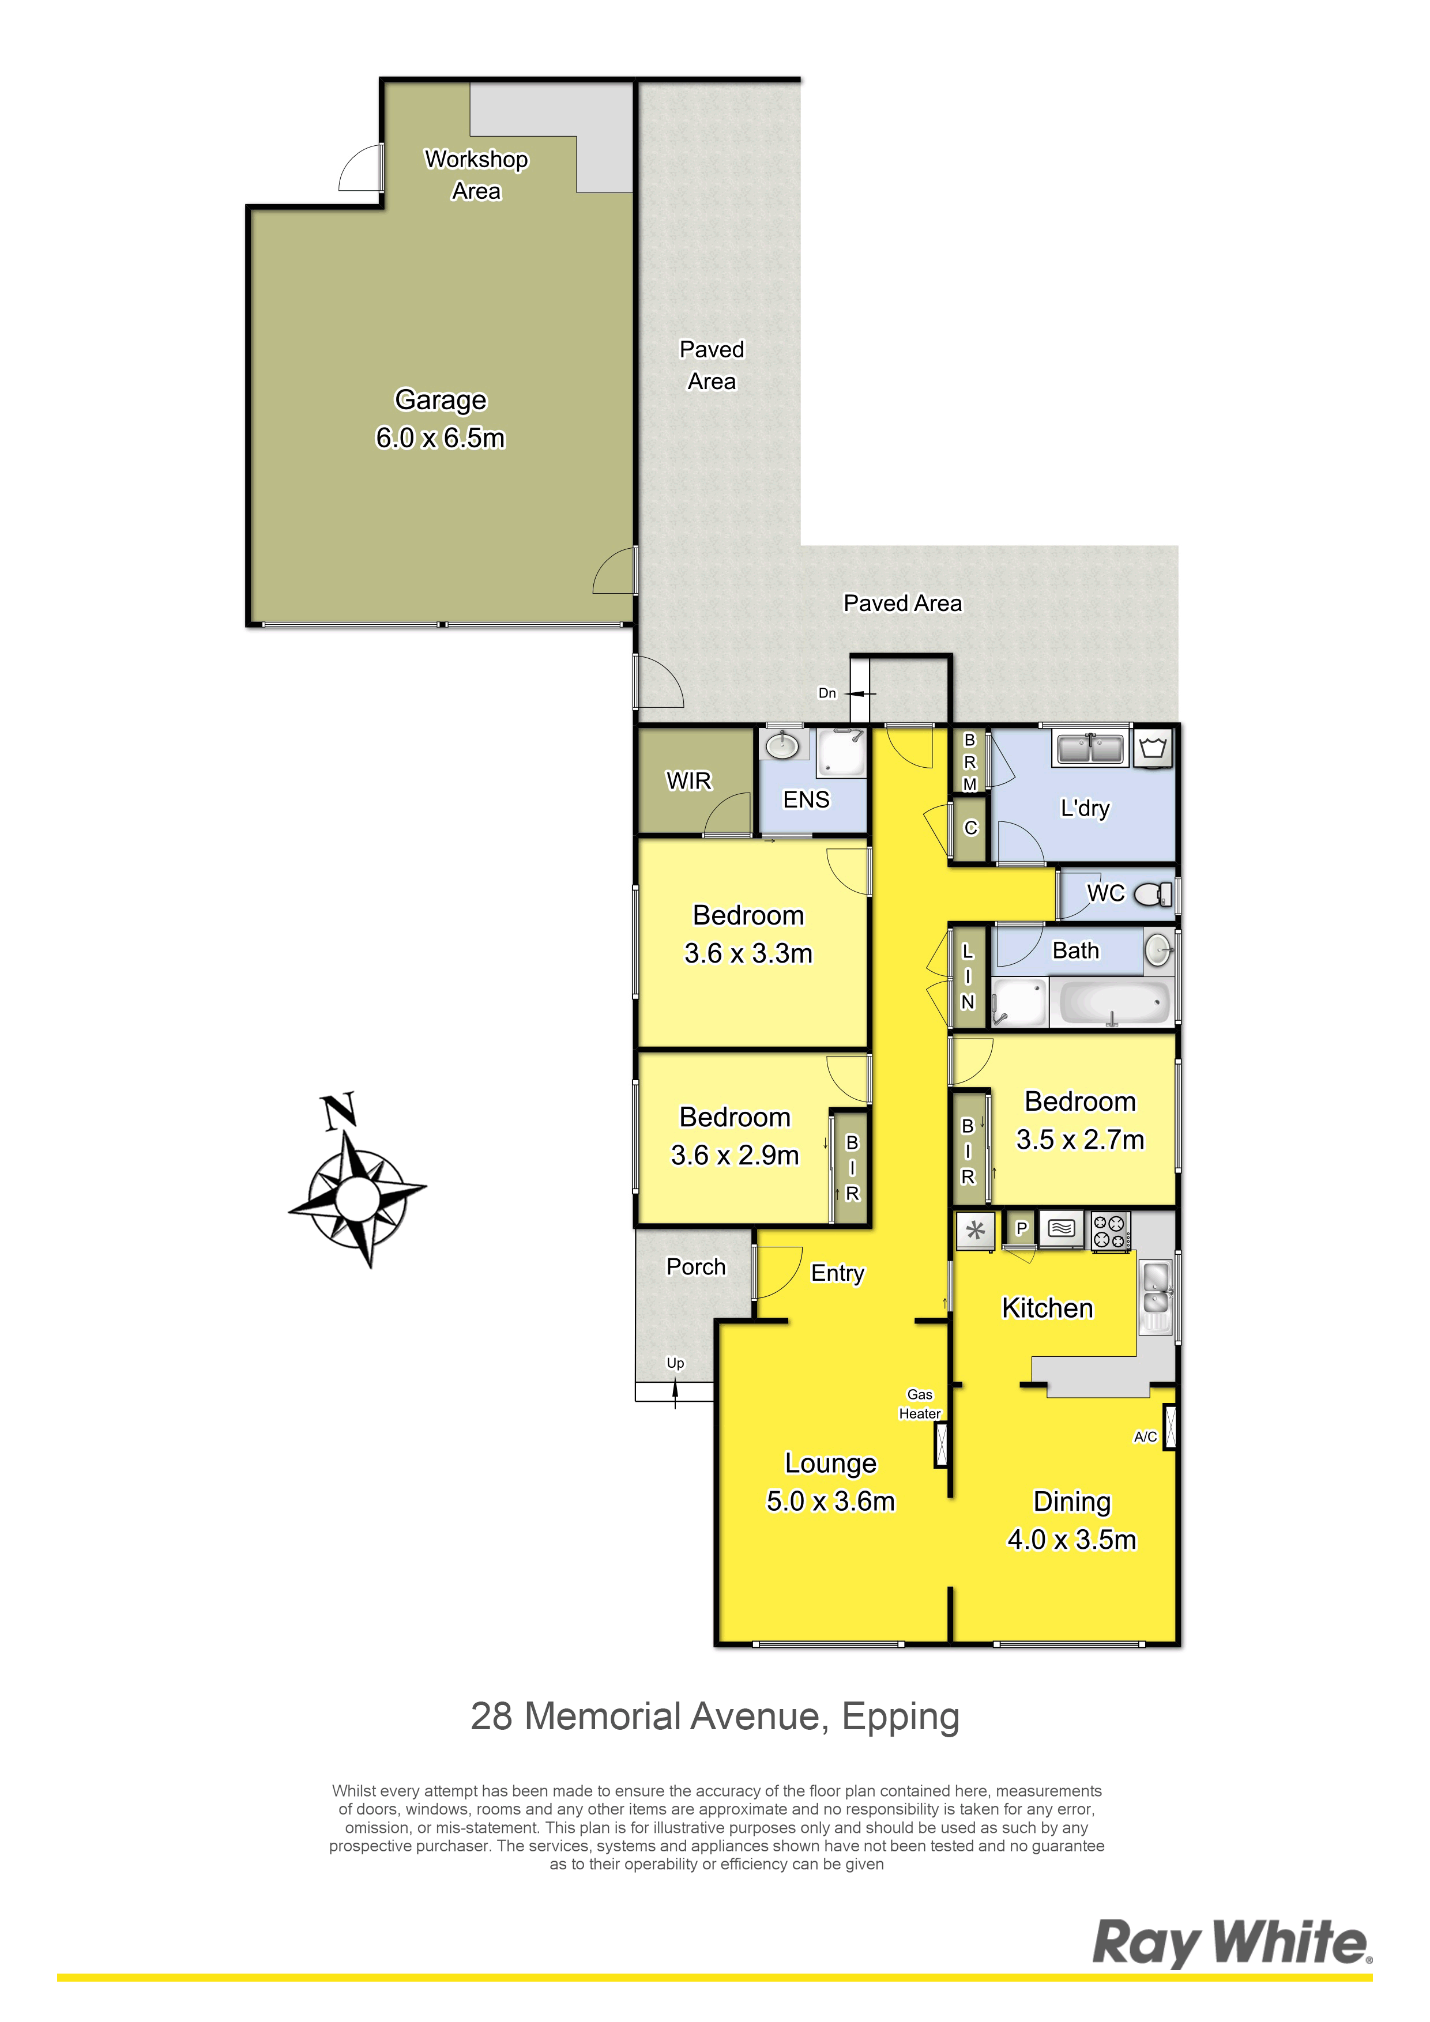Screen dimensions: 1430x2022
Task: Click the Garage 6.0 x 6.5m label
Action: pyautogui.click(x=441, y=418)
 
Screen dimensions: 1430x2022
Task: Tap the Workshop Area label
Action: pyautogui.click(x=477, y=175)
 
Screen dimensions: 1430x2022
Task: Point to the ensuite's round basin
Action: pyautogui.click(x=781, y=746)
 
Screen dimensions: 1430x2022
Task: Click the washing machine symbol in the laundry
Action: pyautogui.click(x=1153, y=749)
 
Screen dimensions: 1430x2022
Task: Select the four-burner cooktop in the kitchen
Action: pyautogui.click(x=1110, y=1230)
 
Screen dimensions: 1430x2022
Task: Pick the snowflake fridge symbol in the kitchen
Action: pyautogui.click(x=976, y=1230)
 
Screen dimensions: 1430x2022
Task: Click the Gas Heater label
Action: pyautogui.click(x=920, y=1404)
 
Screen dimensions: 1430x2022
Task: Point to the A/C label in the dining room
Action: pyautogui.click(x=1145, y=1436)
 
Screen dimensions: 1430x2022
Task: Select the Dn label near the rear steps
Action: pyautogui.click(x=827, y=693)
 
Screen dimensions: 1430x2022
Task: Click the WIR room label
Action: pyautogui.click(x=689, y=781)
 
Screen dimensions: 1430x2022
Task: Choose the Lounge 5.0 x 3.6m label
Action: pyautogui.click(x=831, y=1482)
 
